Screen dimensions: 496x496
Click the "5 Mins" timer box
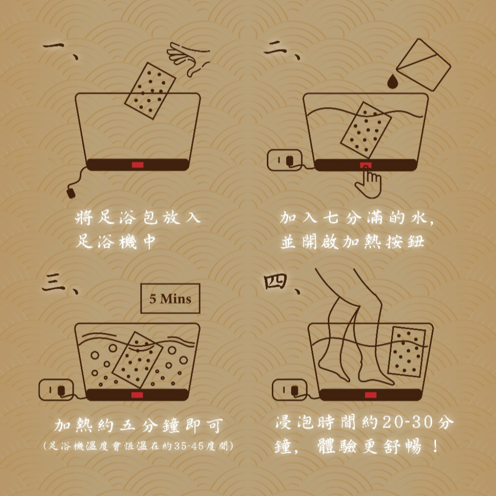point(170,298)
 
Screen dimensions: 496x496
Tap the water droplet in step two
point(392,81)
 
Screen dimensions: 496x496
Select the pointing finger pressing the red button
point(369,182)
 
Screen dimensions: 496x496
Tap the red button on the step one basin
point(138,165)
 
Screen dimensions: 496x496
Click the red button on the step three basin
point(137,395)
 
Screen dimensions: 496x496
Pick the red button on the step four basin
point(371,395)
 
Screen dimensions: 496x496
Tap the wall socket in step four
point(290,390)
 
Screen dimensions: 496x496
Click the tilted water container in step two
point(423,64)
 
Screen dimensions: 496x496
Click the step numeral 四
point(276,281)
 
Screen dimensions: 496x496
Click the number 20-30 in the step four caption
point(412,422)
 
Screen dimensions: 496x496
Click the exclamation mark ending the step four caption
point(435,446)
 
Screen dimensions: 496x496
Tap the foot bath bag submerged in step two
point(366,130)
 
